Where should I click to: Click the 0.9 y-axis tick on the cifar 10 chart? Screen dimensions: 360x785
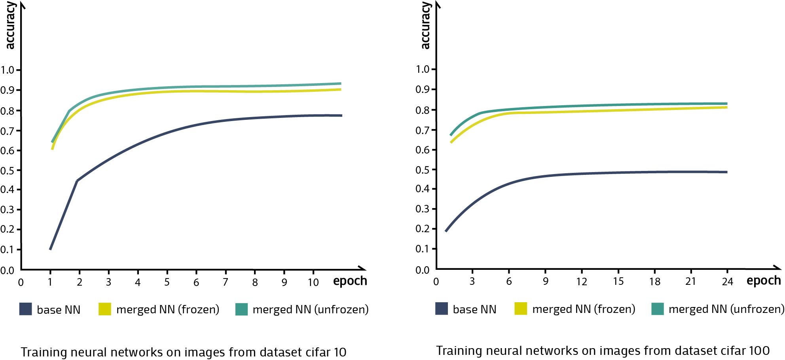tap(8, 90)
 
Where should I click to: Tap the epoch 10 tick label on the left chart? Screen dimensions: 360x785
tap(313, 282)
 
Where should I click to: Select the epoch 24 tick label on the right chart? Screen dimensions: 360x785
tap(727, 282)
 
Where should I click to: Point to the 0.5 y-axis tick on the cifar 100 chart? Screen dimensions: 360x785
tap(423, 170)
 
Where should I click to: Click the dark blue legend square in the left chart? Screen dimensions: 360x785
tap(26, 309)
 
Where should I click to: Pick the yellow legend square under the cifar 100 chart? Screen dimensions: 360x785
tap(521, 309)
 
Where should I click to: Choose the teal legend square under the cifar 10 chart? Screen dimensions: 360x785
tap(241, 309)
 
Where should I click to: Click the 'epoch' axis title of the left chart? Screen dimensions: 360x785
tap(350, 281)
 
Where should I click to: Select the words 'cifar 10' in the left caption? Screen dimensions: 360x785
tap(320, 352)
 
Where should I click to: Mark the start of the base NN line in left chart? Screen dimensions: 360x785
tap(50, 249)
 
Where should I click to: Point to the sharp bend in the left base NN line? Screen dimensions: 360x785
tap(77, 181)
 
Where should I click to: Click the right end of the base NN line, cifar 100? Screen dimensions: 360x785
tap(727, 172)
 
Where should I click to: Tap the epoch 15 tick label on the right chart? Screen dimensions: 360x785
tap(618, 282)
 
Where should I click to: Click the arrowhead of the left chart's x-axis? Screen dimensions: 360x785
tap(363, 269)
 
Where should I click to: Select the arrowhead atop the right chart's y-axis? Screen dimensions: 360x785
tap(437, 5)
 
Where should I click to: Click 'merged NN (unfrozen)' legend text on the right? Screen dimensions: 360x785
tap(726, 309)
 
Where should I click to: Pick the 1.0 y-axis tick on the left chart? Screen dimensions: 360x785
tap(8, 70)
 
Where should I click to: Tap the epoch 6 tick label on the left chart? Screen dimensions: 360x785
tap(196, 282)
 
